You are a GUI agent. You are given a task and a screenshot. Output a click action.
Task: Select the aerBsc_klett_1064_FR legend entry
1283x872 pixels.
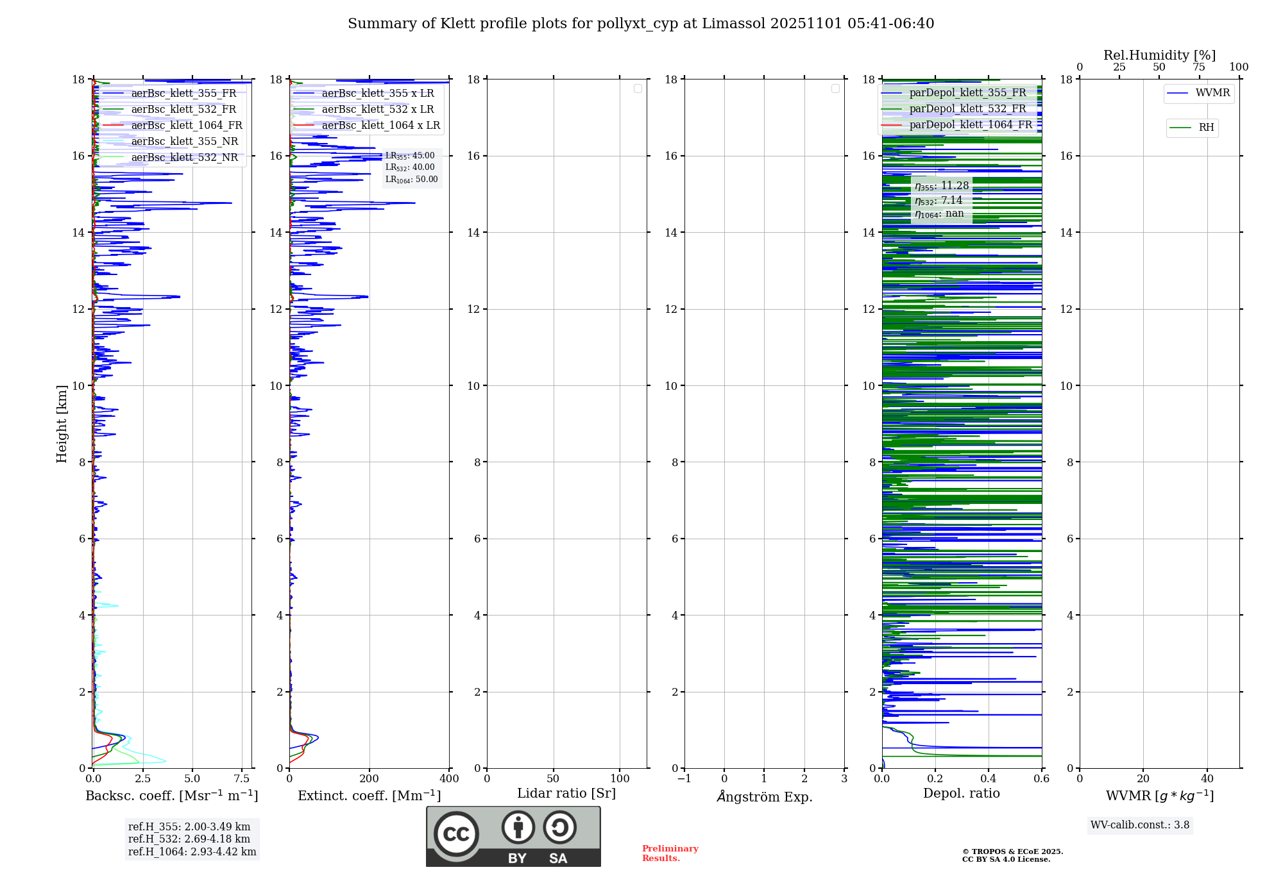coord(186,126)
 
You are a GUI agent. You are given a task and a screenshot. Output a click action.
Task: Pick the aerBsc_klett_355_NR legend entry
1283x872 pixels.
coord(184,142)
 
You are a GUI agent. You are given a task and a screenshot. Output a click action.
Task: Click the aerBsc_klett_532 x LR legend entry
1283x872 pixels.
coord(377,110)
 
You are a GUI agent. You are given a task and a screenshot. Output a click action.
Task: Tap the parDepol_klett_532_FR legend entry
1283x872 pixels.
coord(967,109)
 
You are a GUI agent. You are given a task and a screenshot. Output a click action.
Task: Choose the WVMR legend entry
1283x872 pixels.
coord(1212,93)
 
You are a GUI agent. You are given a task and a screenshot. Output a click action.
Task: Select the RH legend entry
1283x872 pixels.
coord(1206,128)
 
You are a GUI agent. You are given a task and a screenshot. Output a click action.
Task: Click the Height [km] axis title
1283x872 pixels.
coord(62,424)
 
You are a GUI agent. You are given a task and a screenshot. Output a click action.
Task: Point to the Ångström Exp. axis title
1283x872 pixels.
coord(765,797)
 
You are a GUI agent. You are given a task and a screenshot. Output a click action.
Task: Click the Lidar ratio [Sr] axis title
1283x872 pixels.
coord(566,794)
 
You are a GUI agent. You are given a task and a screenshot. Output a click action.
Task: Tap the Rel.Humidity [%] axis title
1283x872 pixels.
coord(1159,55)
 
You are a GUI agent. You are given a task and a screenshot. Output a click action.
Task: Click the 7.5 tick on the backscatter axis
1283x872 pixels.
coord(241,779)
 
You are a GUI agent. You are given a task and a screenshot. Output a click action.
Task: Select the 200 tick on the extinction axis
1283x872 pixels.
coord(370,779)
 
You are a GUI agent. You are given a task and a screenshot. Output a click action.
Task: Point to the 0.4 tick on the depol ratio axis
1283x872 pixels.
coord(988,779)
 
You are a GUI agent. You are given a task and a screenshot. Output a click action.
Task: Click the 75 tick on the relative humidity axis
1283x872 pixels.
coord(1198,67)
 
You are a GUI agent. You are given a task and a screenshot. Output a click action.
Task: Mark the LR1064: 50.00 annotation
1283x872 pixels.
coord(411,180)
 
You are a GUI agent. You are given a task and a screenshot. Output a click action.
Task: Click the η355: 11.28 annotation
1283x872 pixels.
coord(941,186)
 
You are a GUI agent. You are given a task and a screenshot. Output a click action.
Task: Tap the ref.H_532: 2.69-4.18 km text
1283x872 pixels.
coord(189,839)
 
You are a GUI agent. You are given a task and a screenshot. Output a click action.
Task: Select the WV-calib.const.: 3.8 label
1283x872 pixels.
coord(1140,825)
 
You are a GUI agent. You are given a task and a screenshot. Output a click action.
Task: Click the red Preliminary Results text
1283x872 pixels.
coord(670,853)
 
